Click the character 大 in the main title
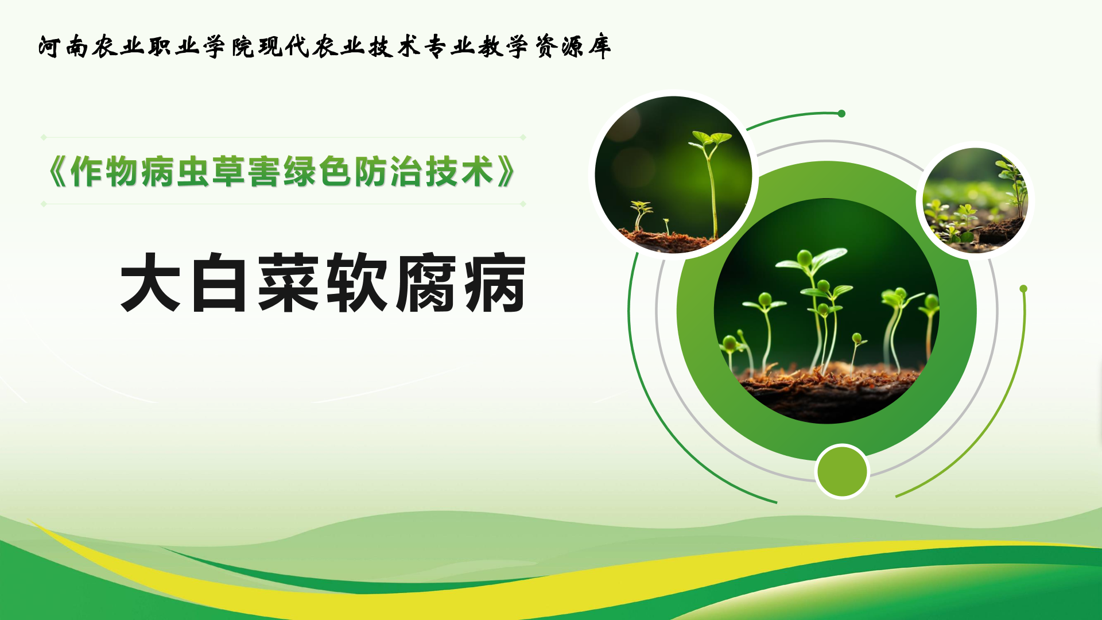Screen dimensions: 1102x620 (x=150, y=282)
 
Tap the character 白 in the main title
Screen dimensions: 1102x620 (x=219, y=282)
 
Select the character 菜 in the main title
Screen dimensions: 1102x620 (x=288, y=282)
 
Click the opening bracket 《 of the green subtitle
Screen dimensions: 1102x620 (x=58, y=172)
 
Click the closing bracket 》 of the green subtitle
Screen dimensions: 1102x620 (x=506, y=172)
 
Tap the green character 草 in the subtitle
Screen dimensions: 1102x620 (x=228, y=172)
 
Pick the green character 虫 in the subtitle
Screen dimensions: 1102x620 (x=193, y=172)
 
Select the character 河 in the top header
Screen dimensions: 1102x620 (x=49, y=46)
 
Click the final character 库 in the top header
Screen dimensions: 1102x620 (x=599, y=46)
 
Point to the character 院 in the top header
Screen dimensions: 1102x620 (x=242, y=46)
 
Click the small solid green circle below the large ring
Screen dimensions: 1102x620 (x=842, y=471)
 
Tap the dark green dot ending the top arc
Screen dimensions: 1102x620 (x=841, y=114)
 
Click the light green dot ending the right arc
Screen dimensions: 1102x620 (x=1023, y=289)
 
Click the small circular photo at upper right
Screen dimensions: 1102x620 (x=975, y=200)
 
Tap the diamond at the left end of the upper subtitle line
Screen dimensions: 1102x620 (x=44, y=137)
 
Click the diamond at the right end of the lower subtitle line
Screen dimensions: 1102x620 (x=523, y=204)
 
